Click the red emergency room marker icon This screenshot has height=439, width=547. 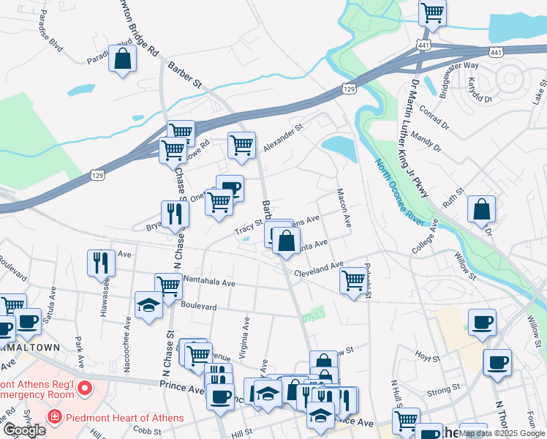coord(84,386)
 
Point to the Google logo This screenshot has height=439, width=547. coord(23,430)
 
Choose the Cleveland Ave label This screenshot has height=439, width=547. coord(319,269)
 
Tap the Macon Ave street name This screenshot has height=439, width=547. coord(343,208)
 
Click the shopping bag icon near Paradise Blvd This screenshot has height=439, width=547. coord(122,59)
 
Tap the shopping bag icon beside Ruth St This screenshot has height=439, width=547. coord(482,209)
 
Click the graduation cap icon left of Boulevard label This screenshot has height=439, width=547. coord(148,305)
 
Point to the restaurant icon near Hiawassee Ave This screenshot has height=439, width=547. coord(101,263)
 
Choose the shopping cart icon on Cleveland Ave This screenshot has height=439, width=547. coord(353,280)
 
